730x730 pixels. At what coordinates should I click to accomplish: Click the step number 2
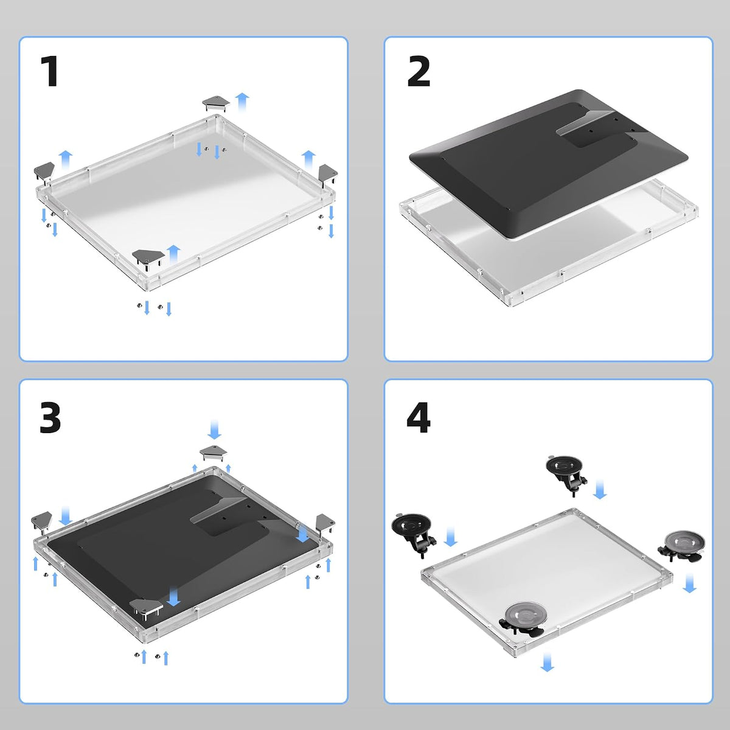pos(419,71)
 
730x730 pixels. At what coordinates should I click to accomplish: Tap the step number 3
pos(50,418)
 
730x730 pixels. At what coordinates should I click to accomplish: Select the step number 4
pos(419,417)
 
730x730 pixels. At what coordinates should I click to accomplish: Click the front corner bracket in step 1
pos(148,259)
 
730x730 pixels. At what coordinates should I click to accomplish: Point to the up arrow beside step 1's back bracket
pos(242,102)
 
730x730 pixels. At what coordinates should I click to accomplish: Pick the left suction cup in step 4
pos(413,533)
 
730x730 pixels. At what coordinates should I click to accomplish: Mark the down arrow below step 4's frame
pos(547,661)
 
